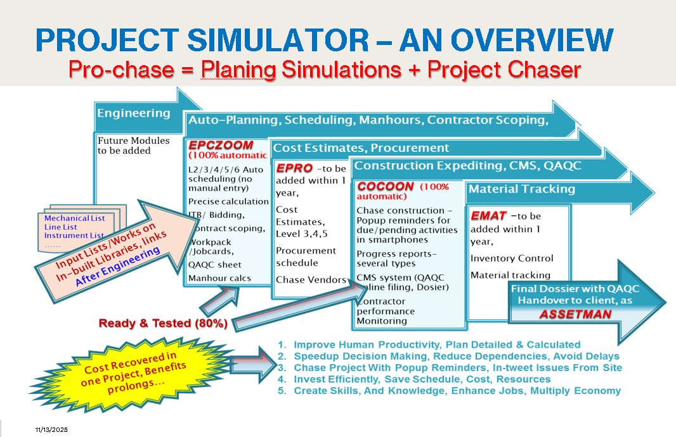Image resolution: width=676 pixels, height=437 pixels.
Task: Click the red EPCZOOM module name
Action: [220, 145]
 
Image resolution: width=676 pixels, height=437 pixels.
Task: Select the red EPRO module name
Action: [294, 168]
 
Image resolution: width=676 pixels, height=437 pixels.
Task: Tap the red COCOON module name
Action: [386, 187]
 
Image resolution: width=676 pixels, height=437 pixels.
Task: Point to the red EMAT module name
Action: [488, 216]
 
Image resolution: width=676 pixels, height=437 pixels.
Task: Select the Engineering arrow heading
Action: [133, 113]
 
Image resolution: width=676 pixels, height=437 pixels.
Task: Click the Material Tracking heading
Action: [521, 189]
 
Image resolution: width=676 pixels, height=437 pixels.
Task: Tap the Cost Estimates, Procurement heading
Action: [360, 148]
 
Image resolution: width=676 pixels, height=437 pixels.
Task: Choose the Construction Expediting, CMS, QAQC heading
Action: [467, 166]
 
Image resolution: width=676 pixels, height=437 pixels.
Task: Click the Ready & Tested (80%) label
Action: [163, 323]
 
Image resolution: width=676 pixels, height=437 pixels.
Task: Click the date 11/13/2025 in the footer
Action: [51, 430]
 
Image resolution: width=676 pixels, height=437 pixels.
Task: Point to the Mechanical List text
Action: [74, 218]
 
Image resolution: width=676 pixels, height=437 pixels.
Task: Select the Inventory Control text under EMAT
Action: [512, 258]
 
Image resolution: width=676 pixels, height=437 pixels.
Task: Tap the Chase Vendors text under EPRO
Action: [311, 280]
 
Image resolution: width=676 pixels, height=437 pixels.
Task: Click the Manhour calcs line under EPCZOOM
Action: [219, 277]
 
